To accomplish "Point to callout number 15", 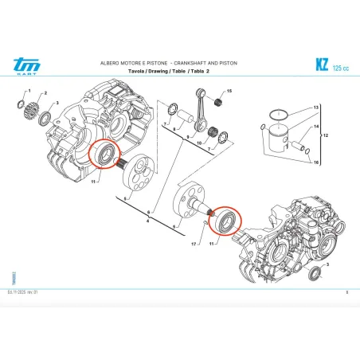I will [x=229, y=93].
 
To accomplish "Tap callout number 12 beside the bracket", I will [x=325, y=136].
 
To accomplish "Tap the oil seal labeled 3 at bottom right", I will [x=316, y=273].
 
